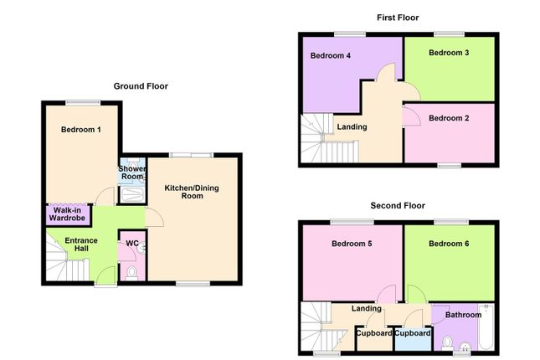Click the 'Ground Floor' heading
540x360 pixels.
coord(141,86)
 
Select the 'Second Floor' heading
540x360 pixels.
coord(398,205)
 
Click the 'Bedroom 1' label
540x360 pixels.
coord(81,130)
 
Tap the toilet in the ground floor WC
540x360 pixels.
coord(131,273)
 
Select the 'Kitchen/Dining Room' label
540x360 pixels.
coord(191,191)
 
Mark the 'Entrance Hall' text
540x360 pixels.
coord(81,244)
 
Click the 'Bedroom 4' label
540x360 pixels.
coord(331,56)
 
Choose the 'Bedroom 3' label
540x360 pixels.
coord(449,53)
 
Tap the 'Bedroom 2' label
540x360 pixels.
coord(449,118)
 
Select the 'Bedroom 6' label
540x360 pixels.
coord(449,244)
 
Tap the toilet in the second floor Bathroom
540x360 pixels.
coord(449,342)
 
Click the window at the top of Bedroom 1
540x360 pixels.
coord(81,102)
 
